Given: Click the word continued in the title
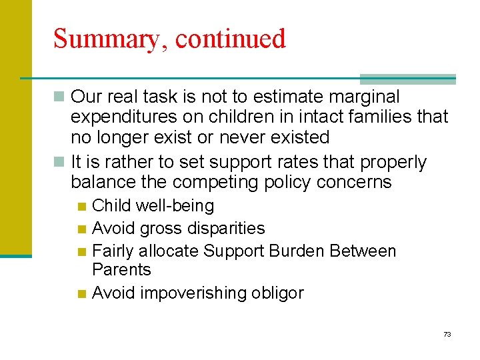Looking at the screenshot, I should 231,39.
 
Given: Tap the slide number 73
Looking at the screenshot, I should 447,334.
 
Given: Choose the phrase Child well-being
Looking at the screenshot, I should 153,206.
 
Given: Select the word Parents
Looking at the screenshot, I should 121,270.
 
